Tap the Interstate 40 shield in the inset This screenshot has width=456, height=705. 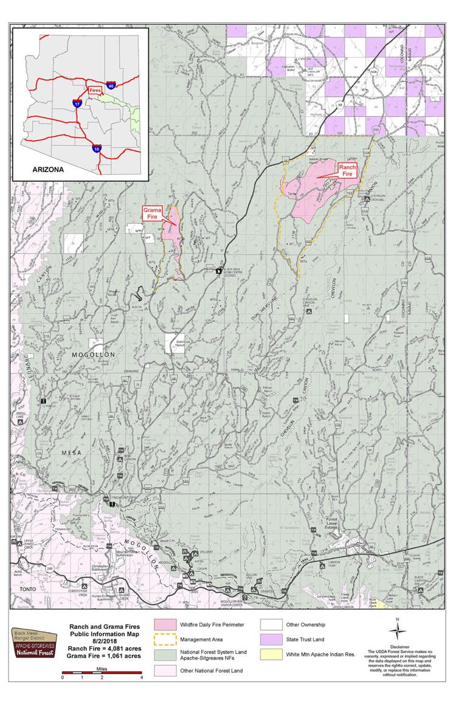[x=111, y=86]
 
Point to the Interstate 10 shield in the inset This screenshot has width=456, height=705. [x=97, y=147]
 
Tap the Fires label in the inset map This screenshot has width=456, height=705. [x=94, y=89]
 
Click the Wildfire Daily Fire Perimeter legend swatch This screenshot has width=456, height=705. [x=165, y=625]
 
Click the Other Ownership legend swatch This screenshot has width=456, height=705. [x=271, y=625]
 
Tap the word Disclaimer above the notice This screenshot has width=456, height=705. [x=397, y=646]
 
